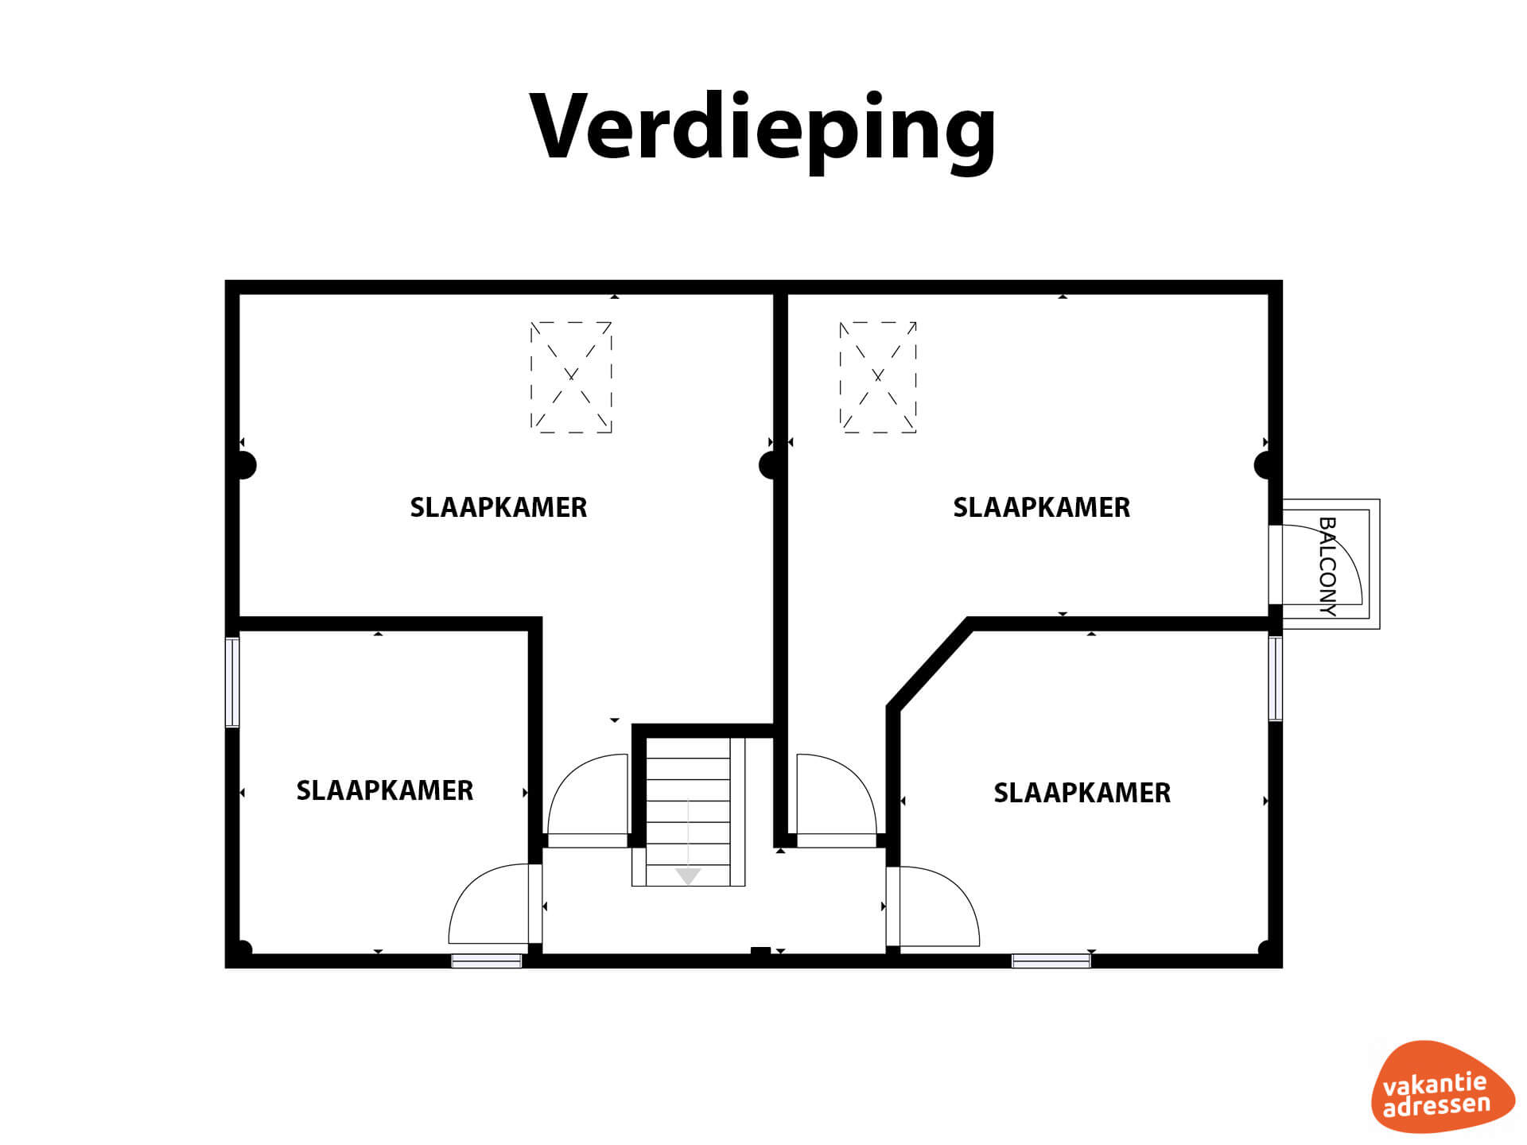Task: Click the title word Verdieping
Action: [x=762, y=130]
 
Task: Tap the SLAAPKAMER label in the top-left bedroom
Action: [x=499, y=507]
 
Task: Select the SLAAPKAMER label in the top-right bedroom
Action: [x=1042, y=507]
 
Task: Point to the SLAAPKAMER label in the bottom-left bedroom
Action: [x=385, y=790]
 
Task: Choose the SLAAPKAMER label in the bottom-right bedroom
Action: [x=1082, y=793]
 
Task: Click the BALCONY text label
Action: [x=1327, y=566]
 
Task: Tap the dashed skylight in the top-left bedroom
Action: [x=571, y=377]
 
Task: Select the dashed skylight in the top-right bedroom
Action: [x=878, y=377]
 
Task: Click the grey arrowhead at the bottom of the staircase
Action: [x=688, y=876]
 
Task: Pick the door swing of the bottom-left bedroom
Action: [x=488, y=904]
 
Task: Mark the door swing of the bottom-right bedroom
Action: [x=939, y=906]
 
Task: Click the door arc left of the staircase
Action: [x=589, y=794]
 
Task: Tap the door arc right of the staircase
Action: [x=837, y=794]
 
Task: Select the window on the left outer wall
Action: [x=232, y=682]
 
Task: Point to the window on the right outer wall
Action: [x=1276, y=678]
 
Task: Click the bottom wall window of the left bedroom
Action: [x=487, y=961]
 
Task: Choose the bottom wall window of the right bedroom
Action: [x=1051, y=961]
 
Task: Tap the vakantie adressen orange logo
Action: [x=1443, y=1087]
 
